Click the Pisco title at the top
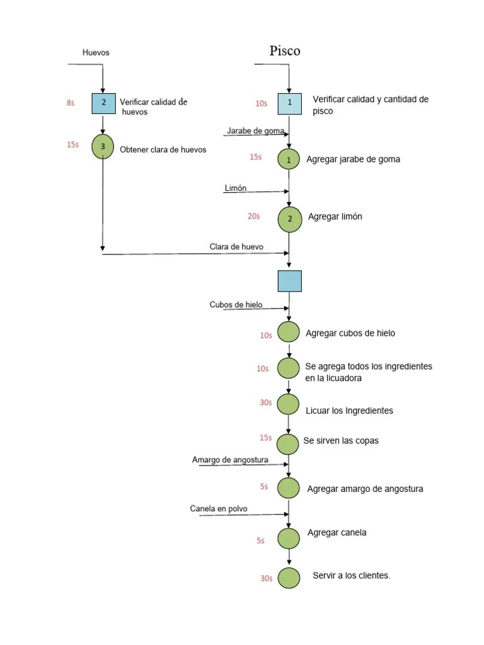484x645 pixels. pos(285,51)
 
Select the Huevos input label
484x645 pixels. pos(96,53)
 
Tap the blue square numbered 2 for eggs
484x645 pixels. pos(103,103)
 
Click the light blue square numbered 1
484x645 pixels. pos(289,103)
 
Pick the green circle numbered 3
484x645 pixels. pos(102,147)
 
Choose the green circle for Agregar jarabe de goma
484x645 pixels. pos(289,160)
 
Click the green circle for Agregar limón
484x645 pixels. pos(289,219)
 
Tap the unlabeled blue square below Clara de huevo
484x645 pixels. pos(289,281)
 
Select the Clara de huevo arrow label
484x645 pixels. pos(236,247)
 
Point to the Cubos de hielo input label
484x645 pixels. pos(236,305)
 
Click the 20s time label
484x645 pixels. pos(253,216)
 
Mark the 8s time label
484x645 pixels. pos(70,103)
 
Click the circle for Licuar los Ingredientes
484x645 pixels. pos(289,404)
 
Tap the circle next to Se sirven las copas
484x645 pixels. pos(289,444)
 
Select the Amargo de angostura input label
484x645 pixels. pos(230,460)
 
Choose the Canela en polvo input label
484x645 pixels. pos(219,509)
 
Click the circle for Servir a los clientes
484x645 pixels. pos(289,578)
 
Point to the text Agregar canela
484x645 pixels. pos(337,533)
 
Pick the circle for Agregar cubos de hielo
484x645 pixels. pos(289,332)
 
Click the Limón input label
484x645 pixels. pos(235,188)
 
